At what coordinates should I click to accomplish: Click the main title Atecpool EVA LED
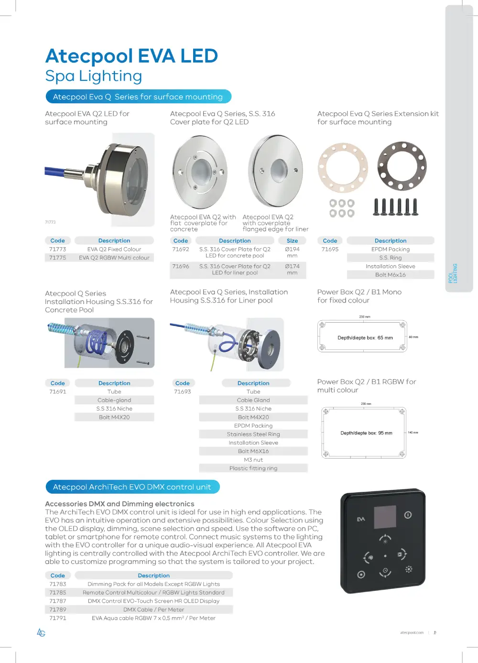(131, 56)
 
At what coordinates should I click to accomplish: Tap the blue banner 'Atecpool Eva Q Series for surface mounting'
(138, 97)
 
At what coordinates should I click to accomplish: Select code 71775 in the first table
(58, 258)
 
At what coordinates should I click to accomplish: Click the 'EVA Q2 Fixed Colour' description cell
(114, 249)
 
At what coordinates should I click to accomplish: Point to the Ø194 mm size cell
(292, 252)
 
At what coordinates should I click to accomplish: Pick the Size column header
(292, 241)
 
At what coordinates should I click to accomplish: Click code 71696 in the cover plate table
(181, 266)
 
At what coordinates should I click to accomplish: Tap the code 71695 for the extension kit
(330, 249)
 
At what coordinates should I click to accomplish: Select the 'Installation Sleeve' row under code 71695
(391, 266)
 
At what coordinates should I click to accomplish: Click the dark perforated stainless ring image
(402, 166)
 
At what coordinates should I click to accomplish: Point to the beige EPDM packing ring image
(343, 168)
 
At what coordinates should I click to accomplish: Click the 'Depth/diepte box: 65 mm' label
(365, 337)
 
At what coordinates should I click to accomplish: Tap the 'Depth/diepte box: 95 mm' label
(366, 433)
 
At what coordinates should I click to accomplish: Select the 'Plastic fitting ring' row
(253, 468)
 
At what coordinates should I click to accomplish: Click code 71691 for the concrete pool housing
(58, 391)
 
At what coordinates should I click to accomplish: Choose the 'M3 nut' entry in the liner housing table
(253, 460)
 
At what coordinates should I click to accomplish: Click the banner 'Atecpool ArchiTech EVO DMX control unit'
(132, 487)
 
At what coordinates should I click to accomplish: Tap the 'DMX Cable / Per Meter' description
(153, 609)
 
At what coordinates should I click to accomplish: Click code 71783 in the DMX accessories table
(58, 584)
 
